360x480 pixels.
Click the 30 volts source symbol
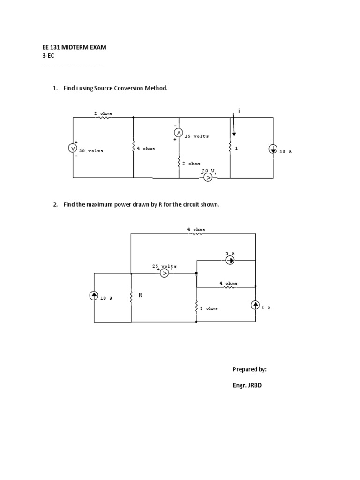coord(73,148)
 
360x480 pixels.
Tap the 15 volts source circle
coord(179,133)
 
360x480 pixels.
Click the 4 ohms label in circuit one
coord(145,148)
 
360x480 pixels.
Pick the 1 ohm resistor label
coord(237,148)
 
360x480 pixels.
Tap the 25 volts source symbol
coord(164,273)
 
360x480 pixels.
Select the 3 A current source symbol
coord(230,260)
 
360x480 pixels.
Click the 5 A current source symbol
coord(255,305)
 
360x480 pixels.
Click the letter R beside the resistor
coord(140,295)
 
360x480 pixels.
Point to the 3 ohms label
coord(209,308)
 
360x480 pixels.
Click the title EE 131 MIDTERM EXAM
coord(75,48)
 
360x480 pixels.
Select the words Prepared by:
coord(250,369)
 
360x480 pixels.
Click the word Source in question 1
coord(105,88)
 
